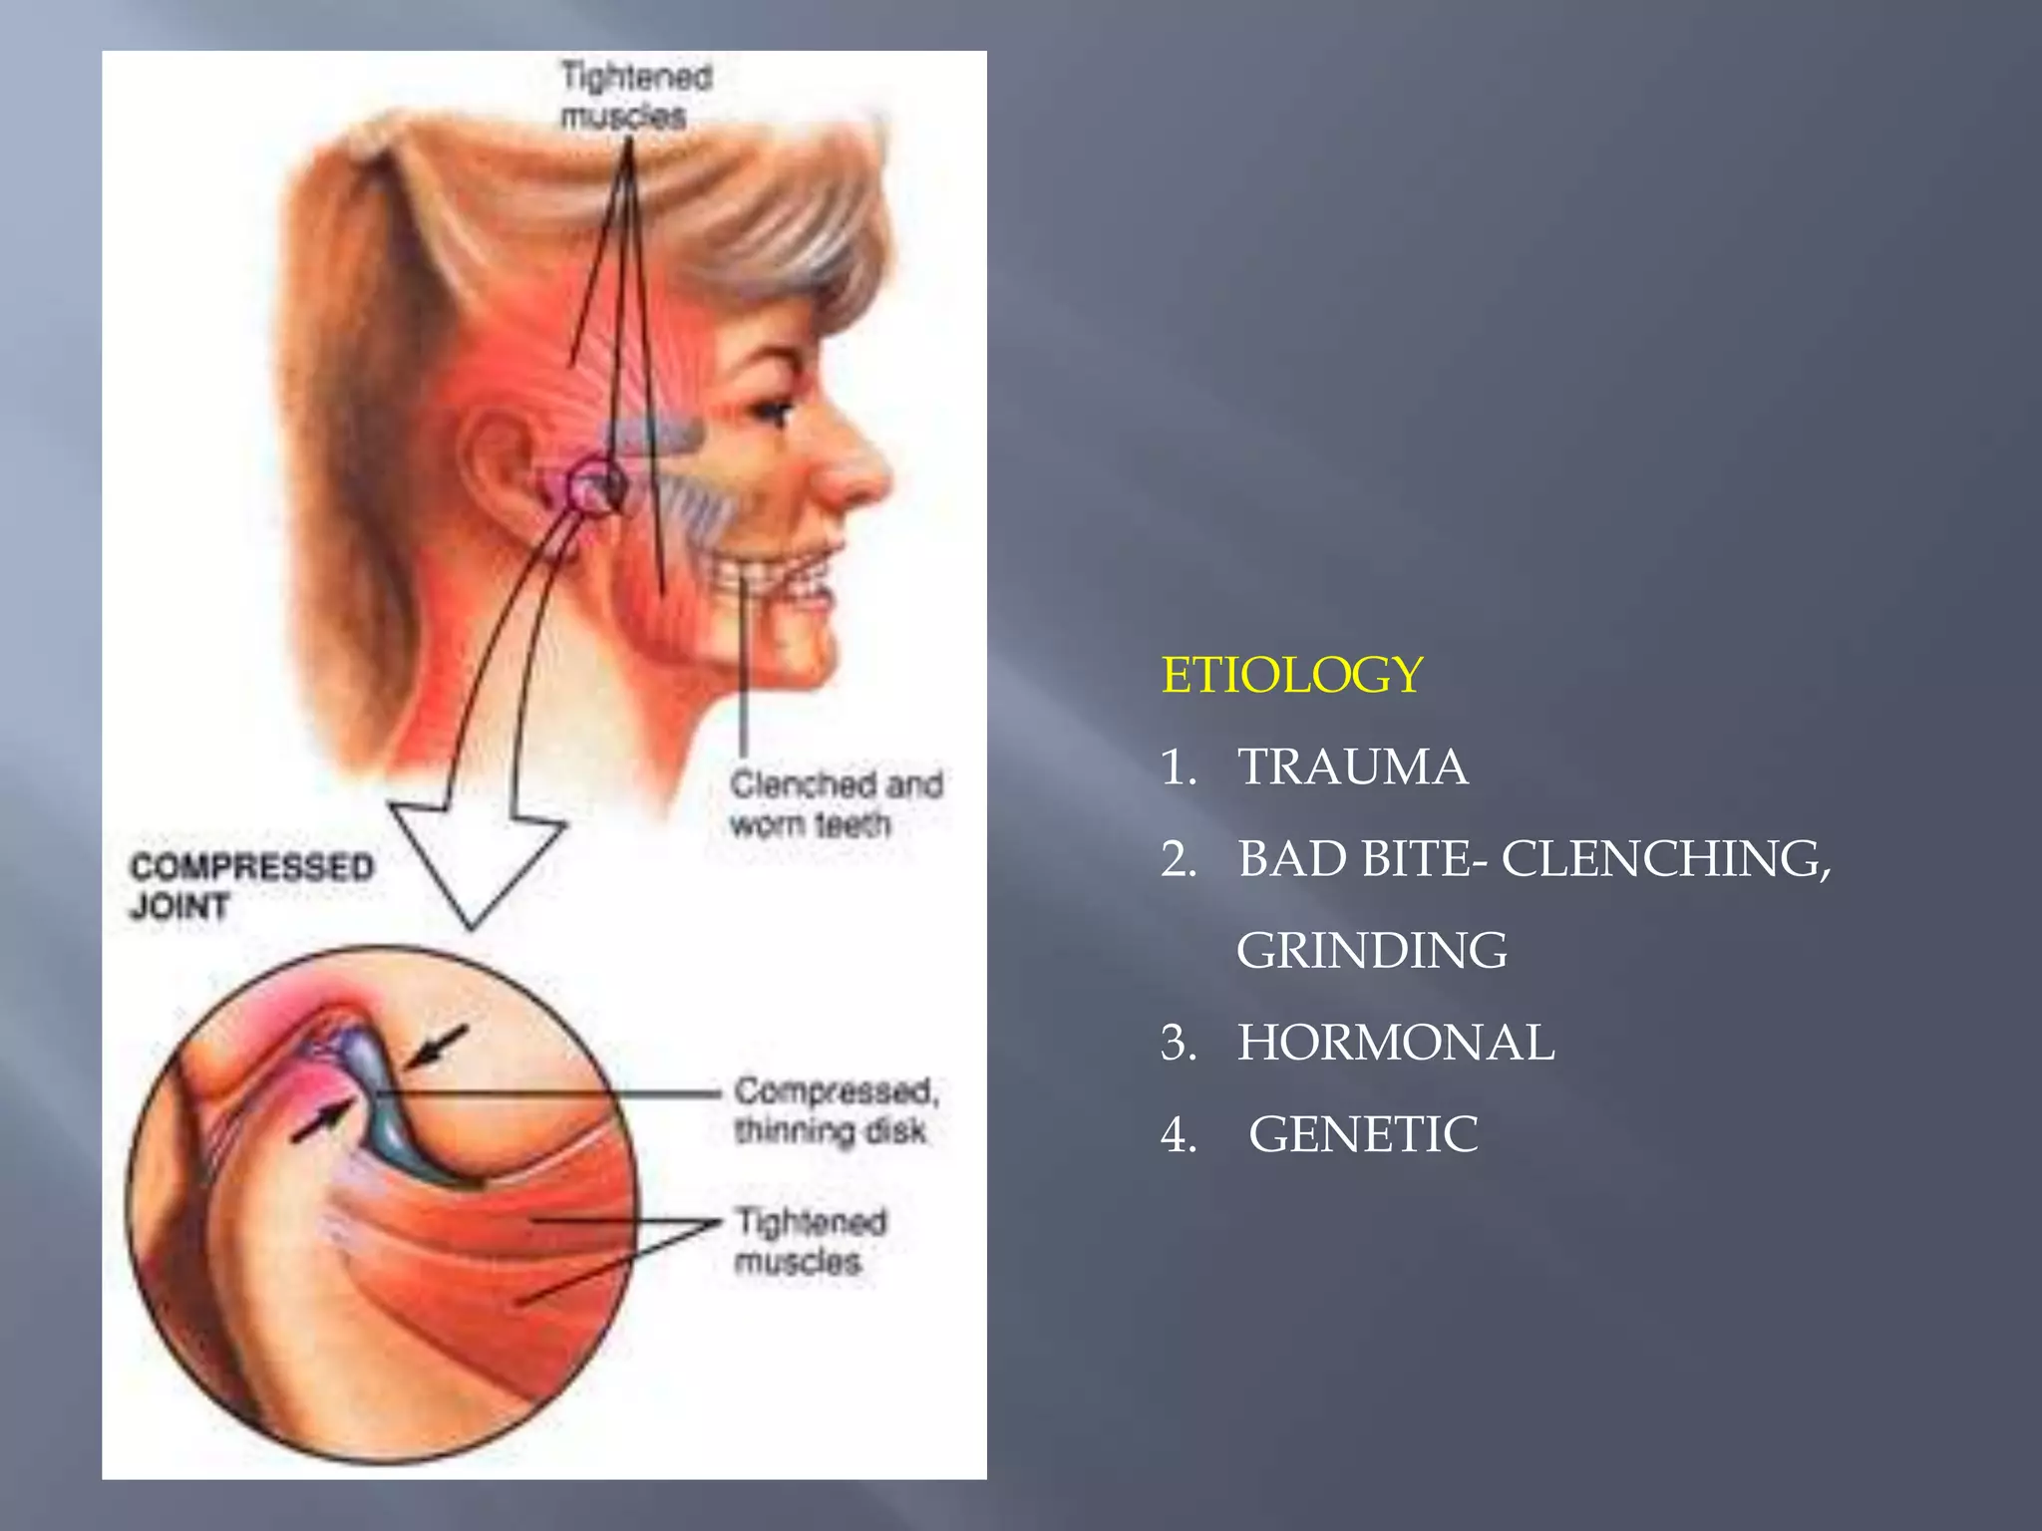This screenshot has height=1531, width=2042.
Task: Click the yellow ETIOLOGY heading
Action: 1292,675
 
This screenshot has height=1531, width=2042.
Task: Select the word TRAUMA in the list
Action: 1352,767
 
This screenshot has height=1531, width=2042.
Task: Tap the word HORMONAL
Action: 1395,1043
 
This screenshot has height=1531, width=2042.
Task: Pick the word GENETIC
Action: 1363,1134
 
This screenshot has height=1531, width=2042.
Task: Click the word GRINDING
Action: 1371,951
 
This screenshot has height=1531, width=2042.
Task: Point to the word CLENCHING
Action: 1665,859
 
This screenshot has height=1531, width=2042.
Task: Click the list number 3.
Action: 1179,1043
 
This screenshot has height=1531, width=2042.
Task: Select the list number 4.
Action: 1179,1134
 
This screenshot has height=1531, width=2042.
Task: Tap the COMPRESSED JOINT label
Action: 251,886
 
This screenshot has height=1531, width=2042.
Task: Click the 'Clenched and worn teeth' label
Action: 836,804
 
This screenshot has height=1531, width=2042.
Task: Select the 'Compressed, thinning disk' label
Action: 836,1110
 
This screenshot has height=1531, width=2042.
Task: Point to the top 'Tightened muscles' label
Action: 635,96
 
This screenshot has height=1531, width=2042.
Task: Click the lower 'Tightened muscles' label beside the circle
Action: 810,1241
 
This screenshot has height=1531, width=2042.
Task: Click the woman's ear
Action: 499,468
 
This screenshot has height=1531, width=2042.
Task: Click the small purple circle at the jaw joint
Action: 595,486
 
